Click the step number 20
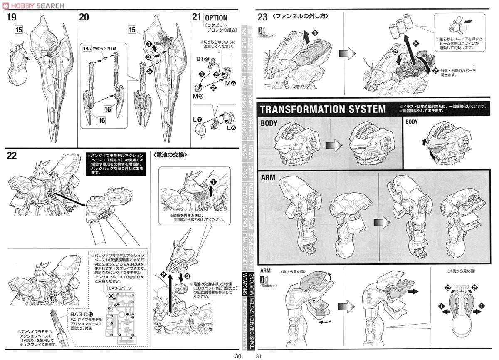[x=84, y=17]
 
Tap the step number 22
[x=12, y=155]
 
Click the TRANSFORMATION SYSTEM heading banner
[x=323, y=109]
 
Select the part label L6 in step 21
[x=231, y=128]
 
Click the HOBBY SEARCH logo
[x=33, y=5]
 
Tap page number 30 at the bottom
[x=238, y=356]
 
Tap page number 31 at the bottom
[x=259, y=356]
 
